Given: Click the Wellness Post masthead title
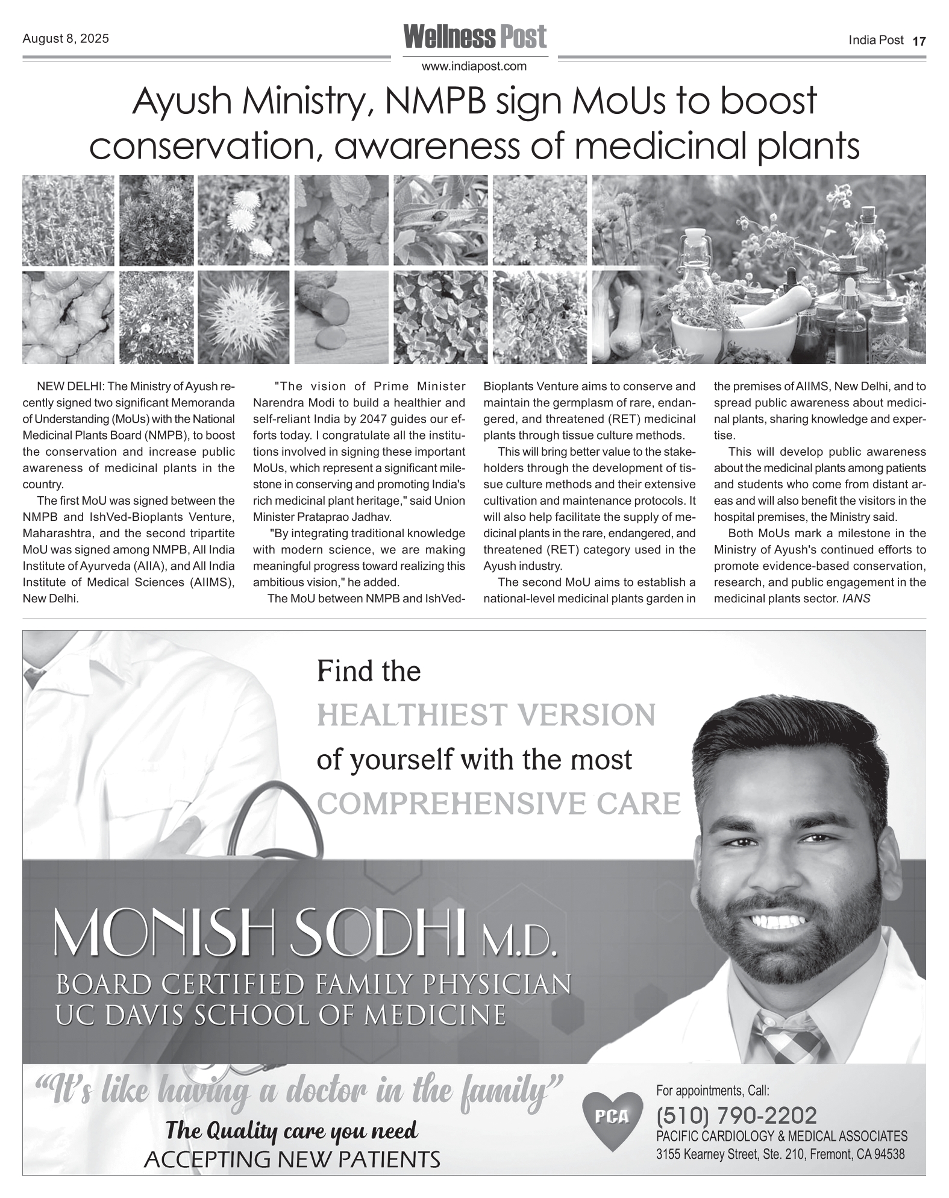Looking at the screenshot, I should click(475, 37).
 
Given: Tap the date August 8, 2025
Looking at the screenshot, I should click(66, 39).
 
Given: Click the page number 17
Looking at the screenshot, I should click(919, 41).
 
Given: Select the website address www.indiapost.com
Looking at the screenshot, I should click(474, 66).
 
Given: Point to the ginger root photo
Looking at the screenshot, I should click(67, 317).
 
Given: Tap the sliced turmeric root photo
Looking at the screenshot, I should click(340, 317).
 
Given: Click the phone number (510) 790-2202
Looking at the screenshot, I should click(736, 1115).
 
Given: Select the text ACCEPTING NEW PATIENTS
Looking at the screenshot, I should click(292, 1158).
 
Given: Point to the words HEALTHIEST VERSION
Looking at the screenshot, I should click(486, 716).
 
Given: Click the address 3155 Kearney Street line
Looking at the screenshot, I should click(780, 1155).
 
